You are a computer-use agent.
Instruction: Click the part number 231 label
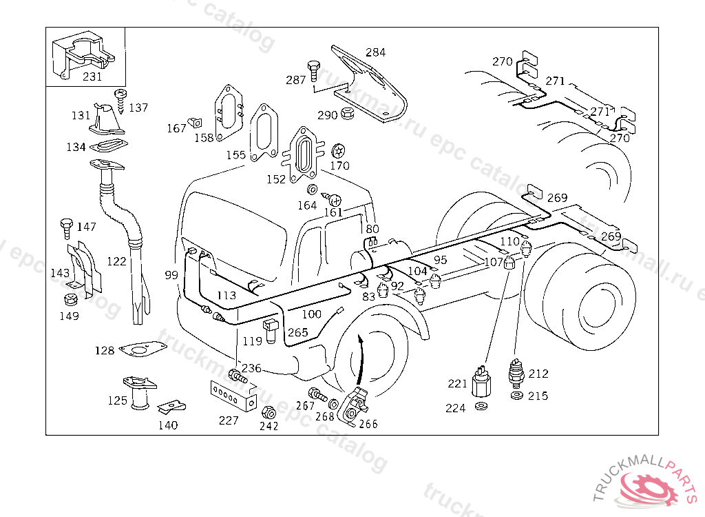pos(92,77)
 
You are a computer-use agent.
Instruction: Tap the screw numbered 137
pos(120,99)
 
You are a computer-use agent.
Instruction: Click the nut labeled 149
pos(70,301)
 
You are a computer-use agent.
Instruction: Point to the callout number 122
pos(117,261)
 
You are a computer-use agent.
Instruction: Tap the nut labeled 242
pos(269,413)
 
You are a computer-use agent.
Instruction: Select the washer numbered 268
pos(333,403)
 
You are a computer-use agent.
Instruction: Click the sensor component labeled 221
pos(481,383)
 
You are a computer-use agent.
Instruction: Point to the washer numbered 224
pos(481,407)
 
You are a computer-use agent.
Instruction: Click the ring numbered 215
pos(516,396)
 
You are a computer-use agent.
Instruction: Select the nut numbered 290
pos(348,113)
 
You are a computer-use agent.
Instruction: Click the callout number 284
pos(376,52)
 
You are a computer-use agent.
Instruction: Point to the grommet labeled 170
pos(337,151)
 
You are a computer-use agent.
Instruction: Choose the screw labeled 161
pos(335,200)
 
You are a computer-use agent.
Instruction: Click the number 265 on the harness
pos(298,333)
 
